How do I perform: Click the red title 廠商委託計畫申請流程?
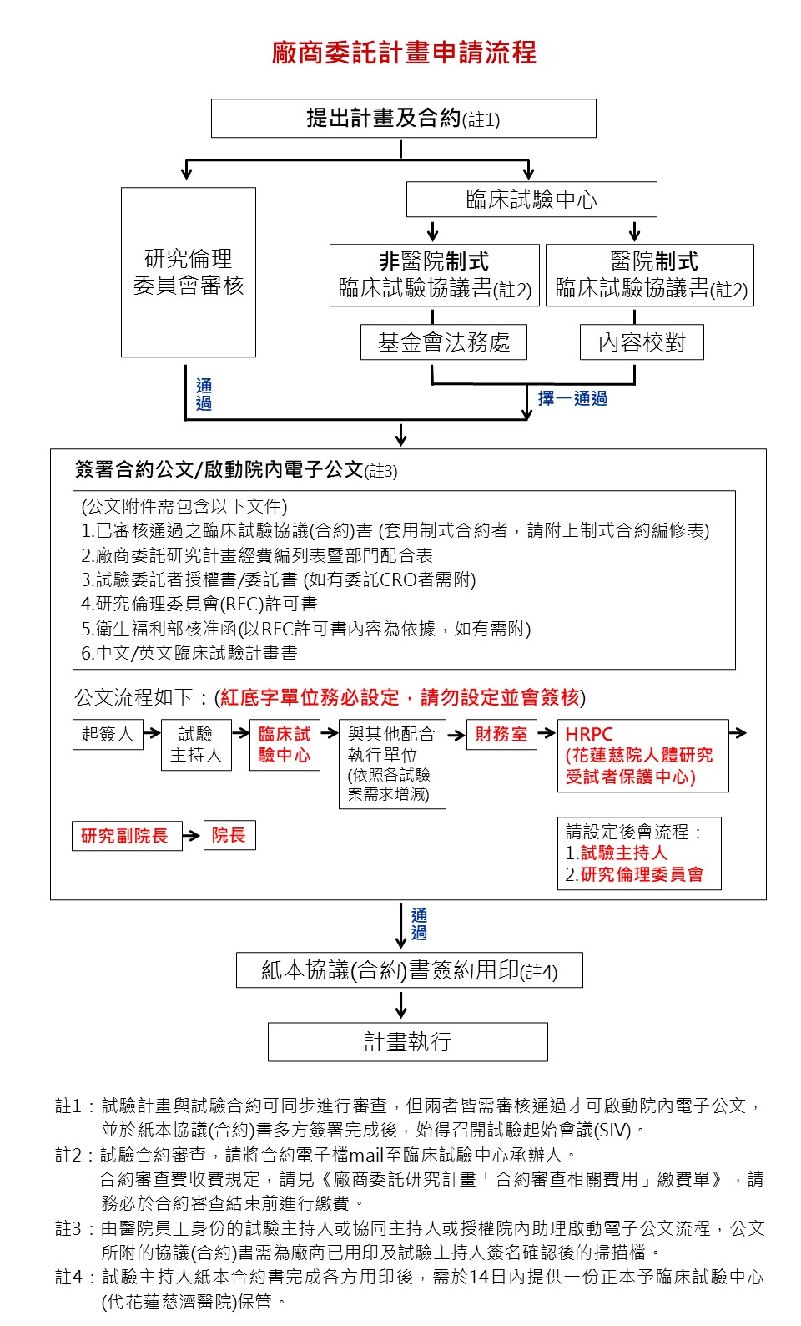tap(404, 53)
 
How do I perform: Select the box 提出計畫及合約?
tap(403, 119)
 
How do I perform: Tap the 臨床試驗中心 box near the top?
tap(531, 200)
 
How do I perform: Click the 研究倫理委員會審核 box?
tap(189, 272)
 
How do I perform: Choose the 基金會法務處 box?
tap(443, 342)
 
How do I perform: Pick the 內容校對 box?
tap(642, 342)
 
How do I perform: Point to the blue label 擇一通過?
tap(572, 398)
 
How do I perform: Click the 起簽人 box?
tap(108, 734)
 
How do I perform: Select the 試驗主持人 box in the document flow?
tap(196, 744)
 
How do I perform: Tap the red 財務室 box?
tap(501, 734)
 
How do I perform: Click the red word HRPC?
tap(589, 734)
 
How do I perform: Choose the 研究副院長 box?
tap(125, 835)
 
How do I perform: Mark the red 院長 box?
tap(229, 835)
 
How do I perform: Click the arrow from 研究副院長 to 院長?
tap(192, 835)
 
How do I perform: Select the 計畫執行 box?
tap(407, 1041)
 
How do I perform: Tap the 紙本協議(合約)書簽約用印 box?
tap(409, 970)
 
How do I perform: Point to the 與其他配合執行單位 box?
tap(392, 763)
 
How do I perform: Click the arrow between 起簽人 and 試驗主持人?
tap(152, 733)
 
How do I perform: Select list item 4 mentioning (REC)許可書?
tap(199, 604)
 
